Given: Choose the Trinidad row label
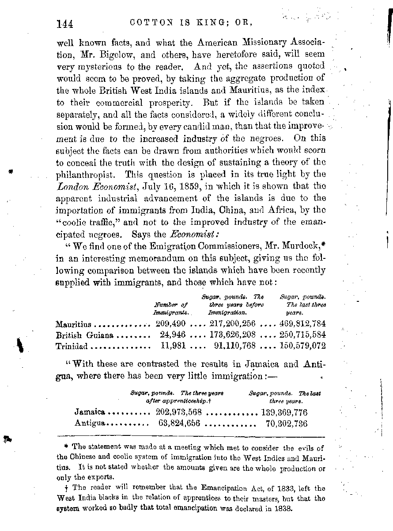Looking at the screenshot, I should point(72,346).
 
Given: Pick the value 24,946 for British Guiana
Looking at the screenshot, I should point(174,335).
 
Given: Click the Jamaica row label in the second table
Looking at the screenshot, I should point(90,412).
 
